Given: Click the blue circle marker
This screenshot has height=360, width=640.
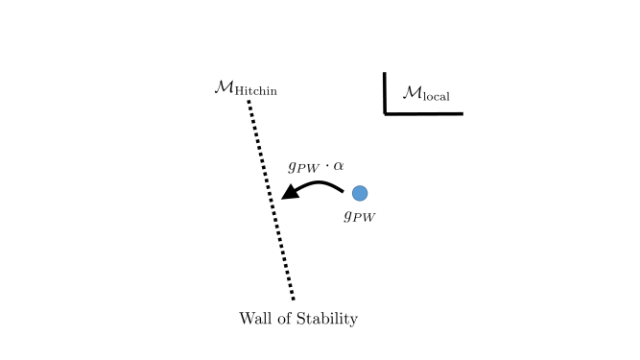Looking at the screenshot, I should (359, 193).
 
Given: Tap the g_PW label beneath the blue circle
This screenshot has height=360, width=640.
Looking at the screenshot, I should (359, 215).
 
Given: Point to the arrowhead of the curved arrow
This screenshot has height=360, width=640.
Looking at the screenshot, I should (286, 196).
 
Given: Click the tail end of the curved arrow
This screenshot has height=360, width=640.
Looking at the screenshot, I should (342, 192).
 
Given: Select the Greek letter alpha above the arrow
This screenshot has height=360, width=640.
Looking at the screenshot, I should (338, 165).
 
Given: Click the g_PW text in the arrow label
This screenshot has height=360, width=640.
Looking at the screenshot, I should (303, 167).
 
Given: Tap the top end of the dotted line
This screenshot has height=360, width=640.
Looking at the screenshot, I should (249, 102).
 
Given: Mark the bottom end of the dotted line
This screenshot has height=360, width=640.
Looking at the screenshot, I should (293, 299).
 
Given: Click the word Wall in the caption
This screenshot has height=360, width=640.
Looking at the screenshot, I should (256, 318).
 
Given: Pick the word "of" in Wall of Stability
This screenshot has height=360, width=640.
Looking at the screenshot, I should (287, 318).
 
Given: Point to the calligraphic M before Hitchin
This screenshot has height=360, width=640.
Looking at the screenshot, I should (224, 87).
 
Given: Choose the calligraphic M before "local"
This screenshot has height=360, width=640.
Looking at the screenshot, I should (412, 92).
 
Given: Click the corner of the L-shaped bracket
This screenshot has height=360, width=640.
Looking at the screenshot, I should (386, 113).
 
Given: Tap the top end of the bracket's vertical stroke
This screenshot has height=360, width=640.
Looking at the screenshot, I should (386, 73).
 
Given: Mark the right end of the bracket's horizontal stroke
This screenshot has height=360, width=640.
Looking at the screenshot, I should (462, 113).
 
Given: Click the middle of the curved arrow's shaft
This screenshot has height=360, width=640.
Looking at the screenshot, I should (317, 184).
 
